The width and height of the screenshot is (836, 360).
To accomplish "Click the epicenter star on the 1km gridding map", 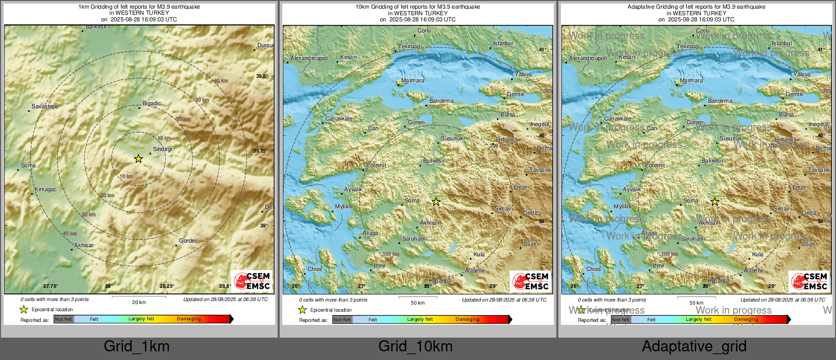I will coord(138,159).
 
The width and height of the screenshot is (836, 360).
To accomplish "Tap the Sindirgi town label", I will coord(163,149).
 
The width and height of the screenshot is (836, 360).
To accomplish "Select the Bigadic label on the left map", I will coord(152,103).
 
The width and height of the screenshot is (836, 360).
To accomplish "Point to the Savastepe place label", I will coord(45,106).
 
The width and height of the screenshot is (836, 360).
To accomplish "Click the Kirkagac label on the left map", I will coord(46,189).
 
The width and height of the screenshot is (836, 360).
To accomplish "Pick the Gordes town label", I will coord(188,241).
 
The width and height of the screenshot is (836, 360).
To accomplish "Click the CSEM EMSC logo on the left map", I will coord(252,281).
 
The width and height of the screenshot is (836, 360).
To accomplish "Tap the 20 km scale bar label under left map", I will coord(139,302).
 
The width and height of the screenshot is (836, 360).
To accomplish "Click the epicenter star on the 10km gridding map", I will coord(436,202).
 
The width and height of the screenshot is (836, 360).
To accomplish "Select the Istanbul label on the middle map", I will coord(503,43).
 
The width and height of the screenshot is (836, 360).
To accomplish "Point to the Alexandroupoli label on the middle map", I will coord(309,58).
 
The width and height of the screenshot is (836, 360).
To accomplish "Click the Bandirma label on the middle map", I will coord(441,101).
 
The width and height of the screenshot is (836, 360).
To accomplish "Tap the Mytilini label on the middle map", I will coord(344,206).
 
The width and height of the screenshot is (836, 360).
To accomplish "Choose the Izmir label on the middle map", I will coord(380,265).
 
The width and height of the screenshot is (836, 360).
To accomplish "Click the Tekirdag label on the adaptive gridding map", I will coord(688,46).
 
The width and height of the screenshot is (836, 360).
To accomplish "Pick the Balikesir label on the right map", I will coord(712,161).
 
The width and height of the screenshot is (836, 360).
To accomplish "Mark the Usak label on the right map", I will coord(809,244).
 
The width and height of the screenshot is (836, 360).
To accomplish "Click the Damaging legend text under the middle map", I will coord(467,319).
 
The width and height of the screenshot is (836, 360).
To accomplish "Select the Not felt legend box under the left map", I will coord(64,319).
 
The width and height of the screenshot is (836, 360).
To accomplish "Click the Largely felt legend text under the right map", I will coord(699,319).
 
